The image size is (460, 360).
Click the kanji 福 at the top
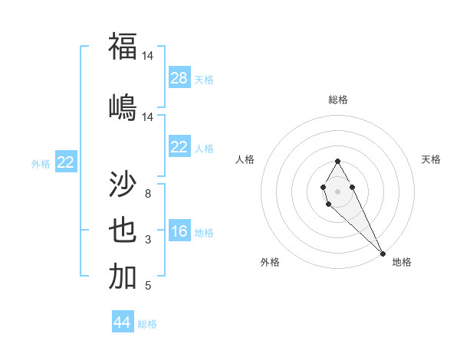(123, 47)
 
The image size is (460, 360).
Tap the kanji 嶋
(123, 106)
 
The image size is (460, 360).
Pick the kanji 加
(123, 276)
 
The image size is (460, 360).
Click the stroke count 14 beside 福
(148, 56)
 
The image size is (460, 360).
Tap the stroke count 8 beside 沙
(148, 193)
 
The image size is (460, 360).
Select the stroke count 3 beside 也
(148, 240)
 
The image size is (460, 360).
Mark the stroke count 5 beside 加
(148, 286)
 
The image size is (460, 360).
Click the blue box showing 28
(179, 78)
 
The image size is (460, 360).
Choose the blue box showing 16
(179, 231)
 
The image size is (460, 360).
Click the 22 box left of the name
(66, 162)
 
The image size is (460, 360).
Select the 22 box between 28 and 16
(179, 147)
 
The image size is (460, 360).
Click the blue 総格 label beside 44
(147, 324)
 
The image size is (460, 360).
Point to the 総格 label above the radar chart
(337, 100)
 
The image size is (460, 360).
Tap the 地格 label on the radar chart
(402, 262)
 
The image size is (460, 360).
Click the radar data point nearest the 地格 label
(383, 254)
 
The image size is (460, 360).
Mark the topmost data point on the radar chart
(337, 161)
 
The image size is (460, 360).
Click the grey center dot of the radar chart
(337, 191)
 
